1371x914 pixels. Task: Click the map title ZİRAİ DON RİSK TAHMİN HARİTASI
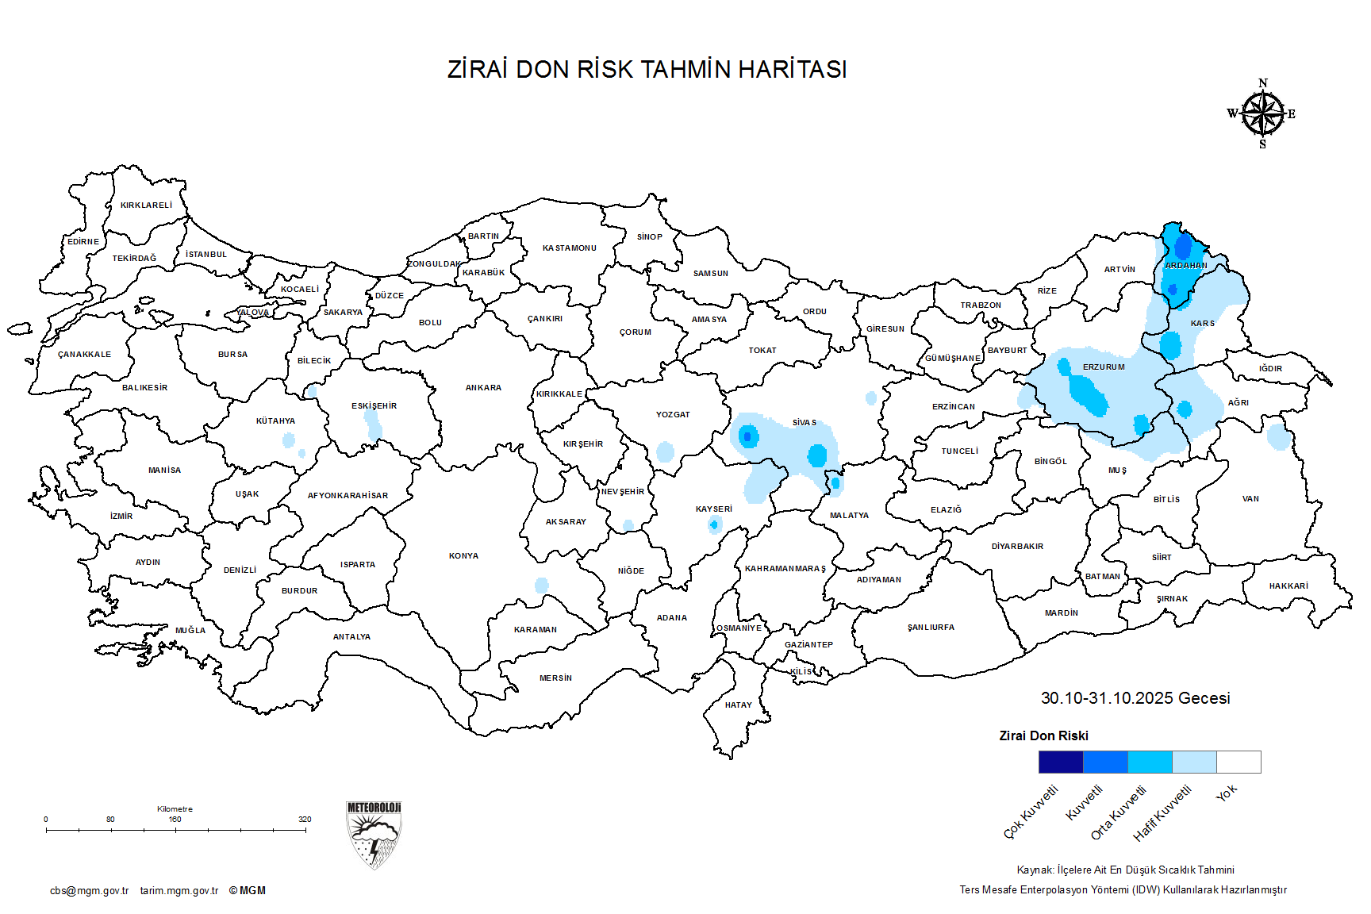[x=647, y=70]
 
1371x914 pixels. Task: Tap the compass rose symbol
[x=1262, y=114]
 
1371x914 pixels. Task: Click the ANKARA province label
[x=483, y=388]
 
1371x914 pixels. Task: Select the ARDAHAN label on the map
[x=1186, y=266]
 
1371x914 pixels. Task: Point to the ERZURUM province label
[x=1104, y=367]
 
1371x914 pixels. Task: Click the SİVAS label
[x=804, y=423]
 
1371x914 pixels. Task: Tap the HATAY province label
[x=738, y=705]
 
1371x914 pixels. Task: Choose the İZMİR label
[x=121, y=517]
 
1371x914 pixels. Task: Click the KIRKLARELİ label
[x=146, y=205]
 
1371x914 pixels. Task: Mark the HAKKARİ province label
[x=1288, y=586]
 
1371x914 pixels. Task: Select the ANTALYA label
[x=351, y=637]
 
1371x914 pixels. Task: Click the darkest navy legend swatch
[x=1061, y=762]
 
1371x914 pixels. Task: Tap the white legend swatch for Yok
[x=1239, y=762]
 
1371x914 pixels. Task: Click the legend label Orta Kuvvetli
[x=1119, y=812]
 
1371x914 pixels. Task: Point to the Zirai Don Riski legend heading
[x=1043, y=736]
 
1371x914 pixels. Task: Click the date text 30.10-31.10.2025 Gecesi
[x=1135, y=698]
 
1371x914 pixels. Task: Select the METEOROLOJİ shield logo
[x=374, y=834]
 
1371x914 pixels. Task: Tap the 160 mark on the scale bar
[x=175, y=820]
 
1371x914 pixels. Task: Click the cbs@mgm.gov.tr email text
[x=89, y=891]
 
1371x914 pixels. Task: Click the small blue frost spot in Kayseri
[x=714, y=524]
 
